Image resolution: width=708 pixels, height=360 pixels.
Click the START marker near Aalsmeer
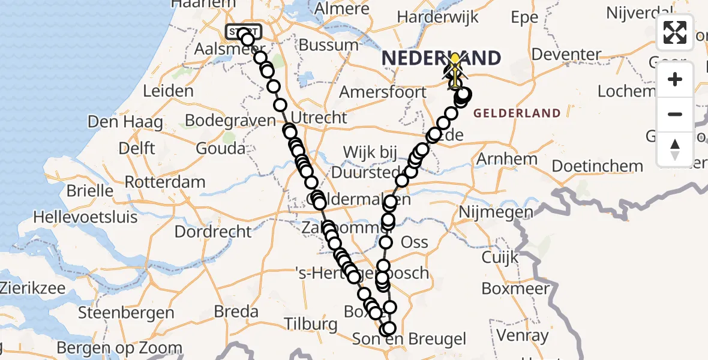pos(243,31)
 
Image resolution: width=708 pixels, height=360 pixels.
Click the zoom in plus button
pos(675,80)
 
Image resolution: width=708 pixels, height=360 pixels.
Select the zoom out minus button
pos(675,114)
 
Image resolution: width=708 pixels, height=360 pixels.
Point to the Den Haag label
pos(125,122)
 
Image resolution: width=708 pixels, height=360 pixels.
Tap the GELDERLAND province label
pos(517,113)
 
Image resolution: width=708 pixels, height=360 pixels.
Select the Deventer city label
pos(566,55)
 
